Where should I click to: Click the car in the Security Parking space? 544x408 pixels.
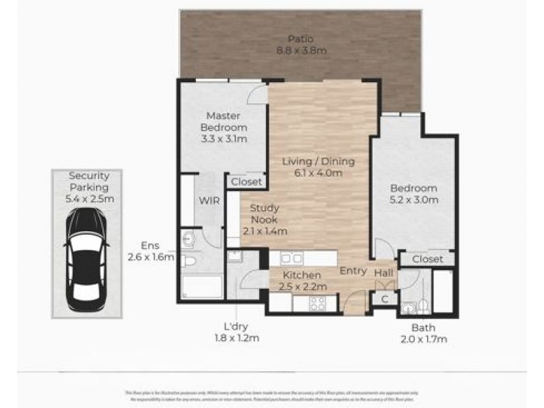(x=86, y=259)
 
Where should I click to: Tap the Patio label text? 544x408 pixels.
(x=299, y=38)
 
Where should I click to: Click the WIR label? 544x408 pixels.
(x=207, y=201)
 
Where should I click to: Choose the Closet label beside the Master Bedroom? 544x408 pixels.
(x=246, y=182)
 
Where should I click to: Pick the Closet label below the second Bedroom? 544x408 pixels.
(x=427, y=259)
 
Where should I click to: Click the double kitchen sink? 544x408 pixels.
(x=292, y=258)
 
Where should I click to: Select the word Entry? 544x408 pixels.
(x=354, y=271)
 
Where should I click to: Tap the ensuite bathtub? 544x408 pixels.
(x=202, y=286)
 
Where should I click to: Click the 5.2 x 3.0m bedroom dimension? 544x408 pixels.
(x=413, y=200)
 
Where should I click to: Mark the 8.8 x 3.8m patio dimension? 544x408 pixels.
(x=299, y=50)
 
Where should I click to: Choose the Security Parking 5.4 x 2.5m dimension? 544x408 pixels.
(x=89, y=199)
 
